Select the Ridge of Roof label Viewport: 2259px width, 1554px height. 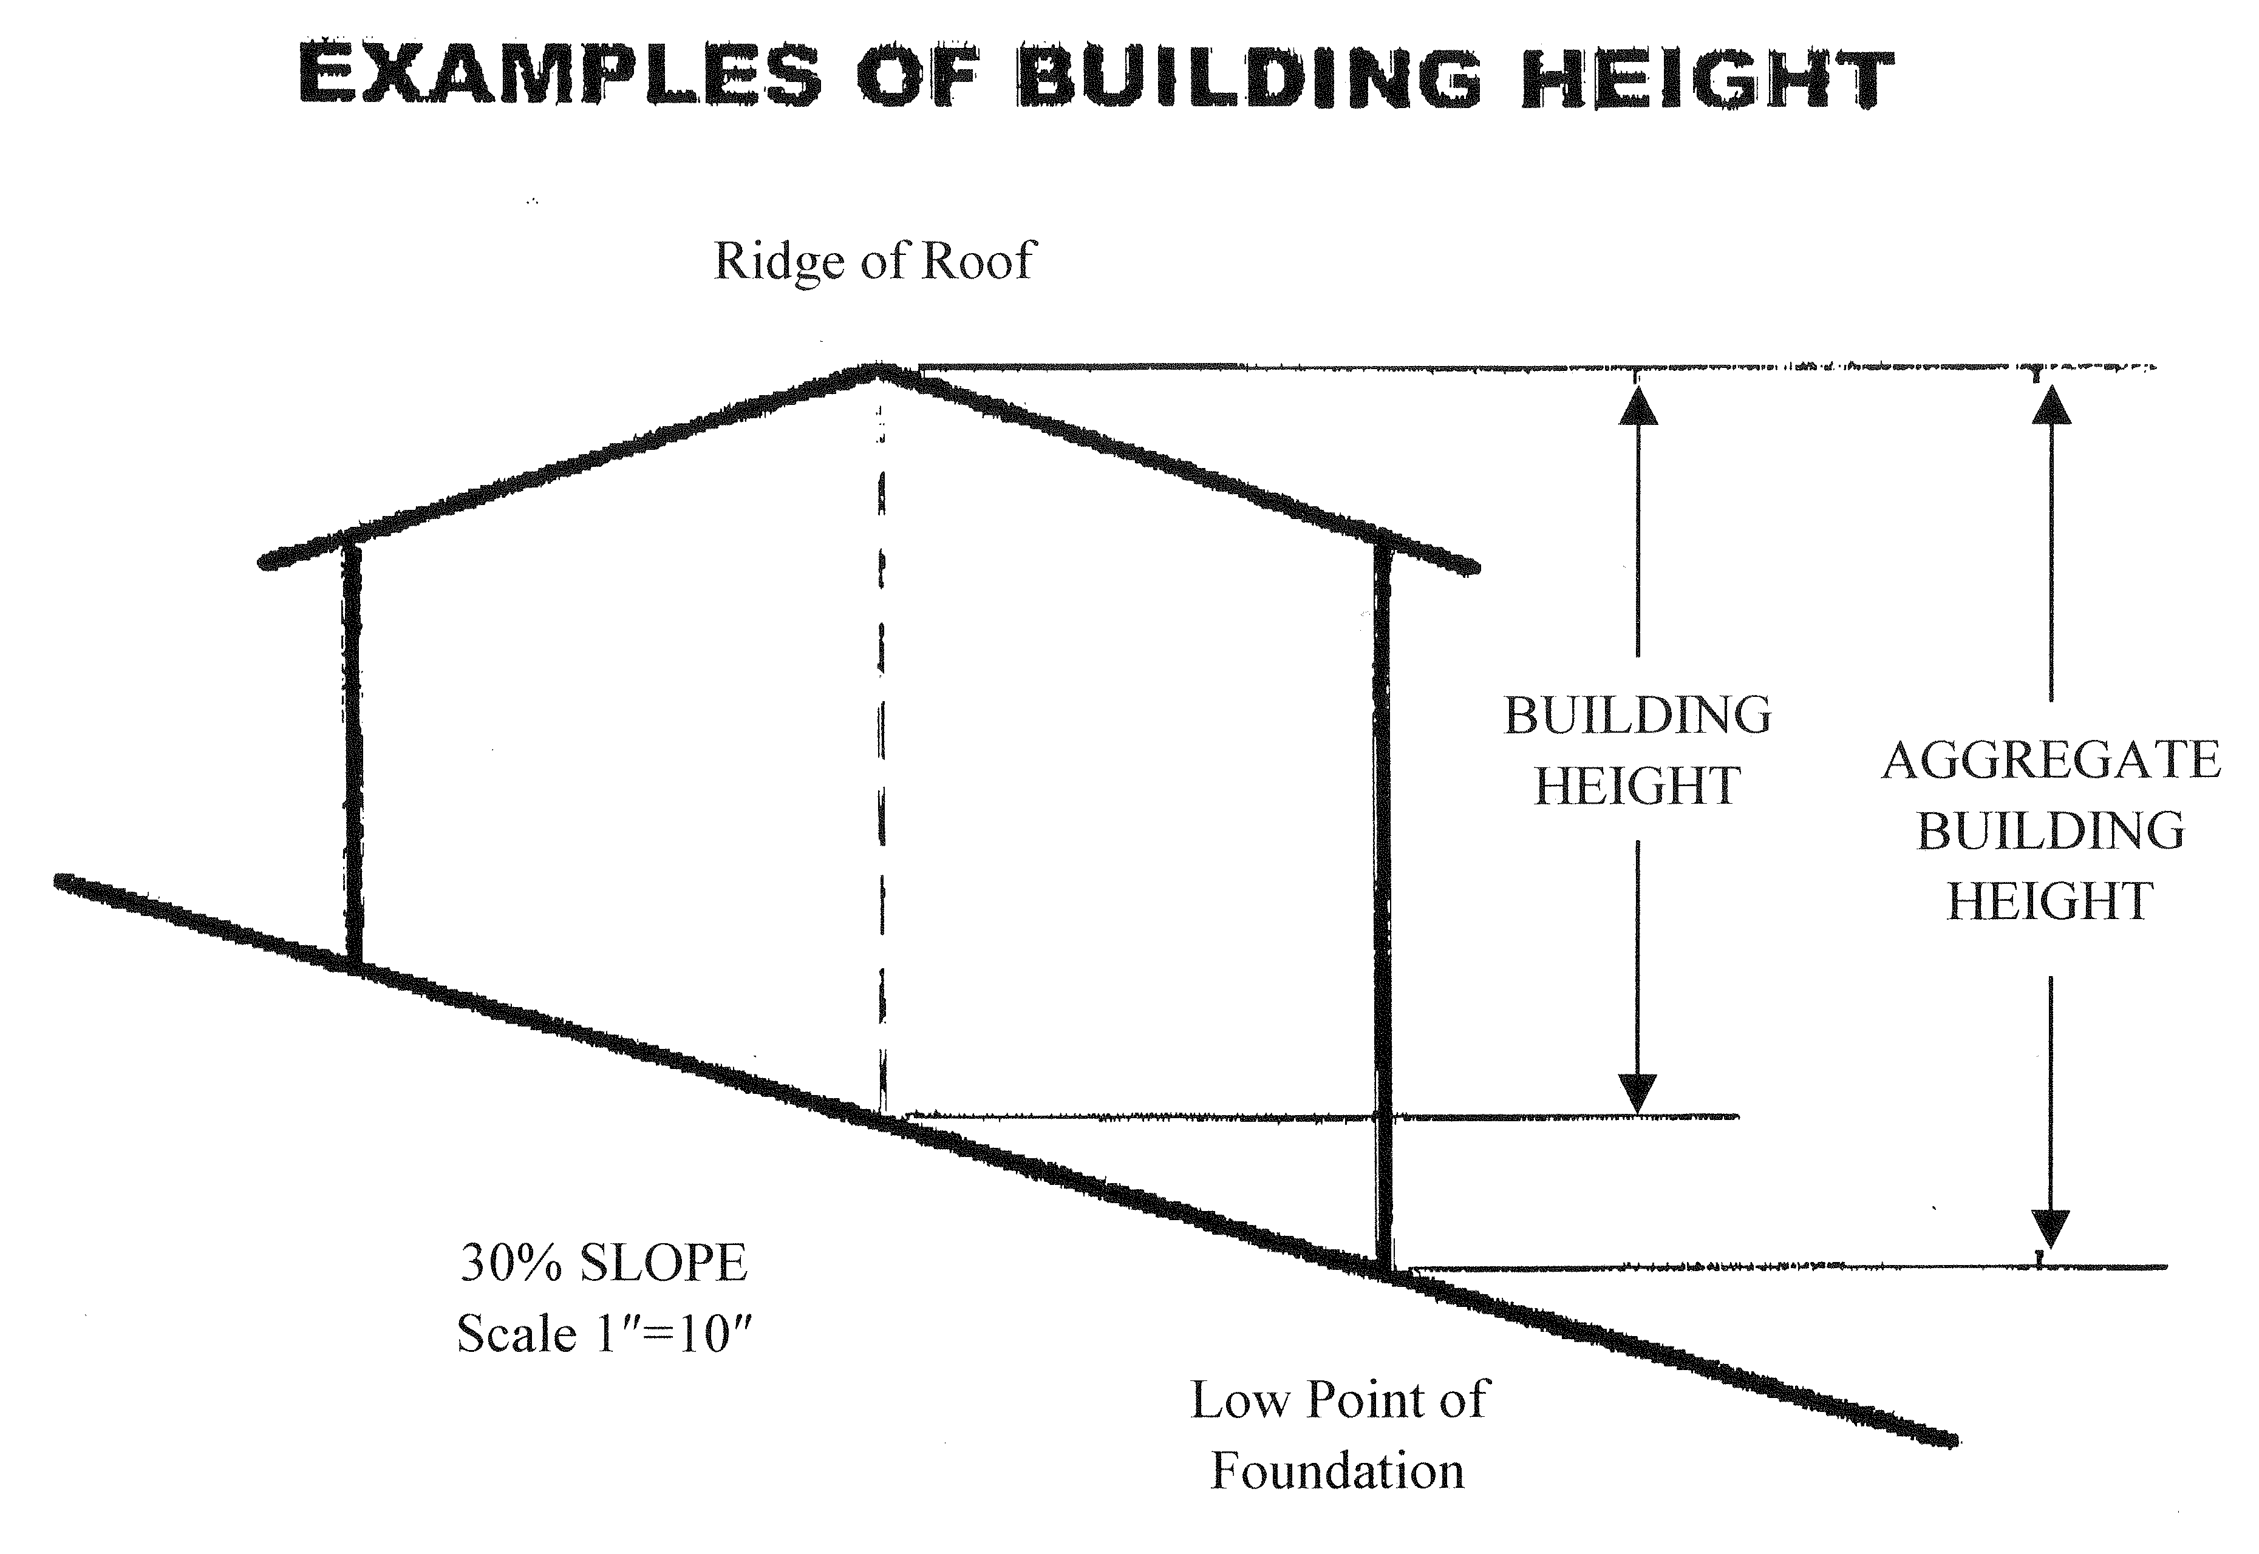(x=874, y=260)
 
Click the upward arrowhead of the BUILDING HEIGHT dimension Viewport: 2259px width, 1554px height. (x=1638, y=405)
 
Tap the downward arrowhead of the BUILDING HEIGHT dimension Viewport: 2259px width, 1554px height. (x=1638, y=1093)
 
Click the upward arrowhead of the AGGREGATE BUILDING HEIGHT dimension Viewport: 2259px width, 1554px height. (x=2051, y=405)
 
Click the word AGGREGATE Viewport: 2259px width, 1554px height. (x=2051, y=761)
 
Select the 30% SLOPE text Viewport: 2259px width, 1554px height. (x=603, y=1263)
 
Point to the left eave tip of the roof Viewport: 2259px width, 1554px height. (x=265, y=562)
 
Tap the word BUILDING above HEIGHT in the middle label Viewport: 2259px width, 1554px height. (x=1638, y=716)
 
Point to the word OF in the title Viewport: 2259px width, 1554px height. (x=918, y=76)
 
